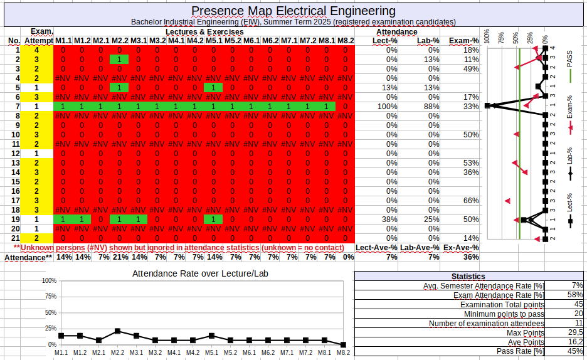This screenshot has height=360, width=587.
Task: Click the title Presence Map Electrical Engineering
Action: (293, 11)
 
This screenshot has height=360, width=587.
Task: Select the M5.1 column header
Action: (213, 41)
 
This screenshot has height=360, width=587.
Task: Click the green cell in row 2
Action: (119, 60)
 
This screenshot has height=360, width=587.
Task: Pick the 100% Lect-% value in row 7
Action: (387, 107)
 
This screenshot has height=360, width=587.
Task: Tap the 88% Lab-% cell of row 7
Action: (431, 107)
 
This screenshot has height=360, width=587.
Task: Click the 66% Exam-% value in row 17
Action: (472, 201)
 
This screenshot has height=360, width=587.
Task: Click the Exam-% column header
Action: (464, 41)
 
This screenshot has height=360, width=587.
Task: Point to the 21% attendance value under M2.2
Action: (119, 257)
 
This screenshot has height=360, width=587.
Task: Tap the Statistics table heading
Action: (468, 276)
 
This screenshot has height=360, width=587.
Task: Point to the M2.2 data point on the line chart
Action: (118, 331)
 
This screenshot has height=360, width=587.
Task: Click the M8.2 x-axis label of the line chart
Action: (343, 353)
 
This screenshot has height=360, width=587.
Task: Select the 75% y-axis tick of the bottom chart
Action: (49, 296)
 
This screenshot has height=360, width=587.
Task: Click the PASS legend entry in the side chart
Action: (569, 66)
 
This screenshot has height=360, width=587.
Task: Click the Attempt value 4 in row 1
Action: (36, 50)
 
